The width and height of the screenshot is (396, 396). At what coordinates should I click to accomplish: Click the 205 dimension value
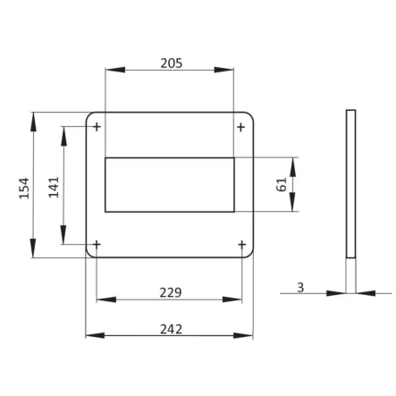(x=172, y=63)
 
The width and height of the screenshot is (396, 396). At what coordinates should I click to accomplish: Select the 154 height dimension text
(x=24, y=189)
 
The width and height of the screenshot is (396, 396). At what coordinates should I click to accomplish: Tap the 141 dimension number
(x=54, y=188)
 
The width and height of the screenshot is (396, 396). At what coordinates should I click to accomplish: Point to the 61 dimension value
(x=282, y=184)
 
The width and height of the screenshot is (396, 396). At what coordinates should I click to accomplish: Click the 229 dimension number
(x=171, y=292)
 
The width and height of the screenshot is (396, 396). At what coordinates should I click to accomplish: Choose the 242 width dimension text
(x=171, y=329)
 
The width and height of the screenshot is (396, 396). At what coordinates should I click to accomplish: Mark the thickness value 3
(x=300, y=288)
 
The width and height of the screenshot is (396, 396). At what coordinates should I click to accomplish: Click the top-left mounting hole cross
(x=97, y=127)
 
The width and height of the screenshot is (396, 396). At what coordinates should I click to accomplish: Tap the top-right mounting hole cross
(x=241, y=127)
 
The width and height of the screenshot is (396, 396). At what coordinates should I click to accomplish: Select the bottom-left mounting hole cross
(x=97, y=245)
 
